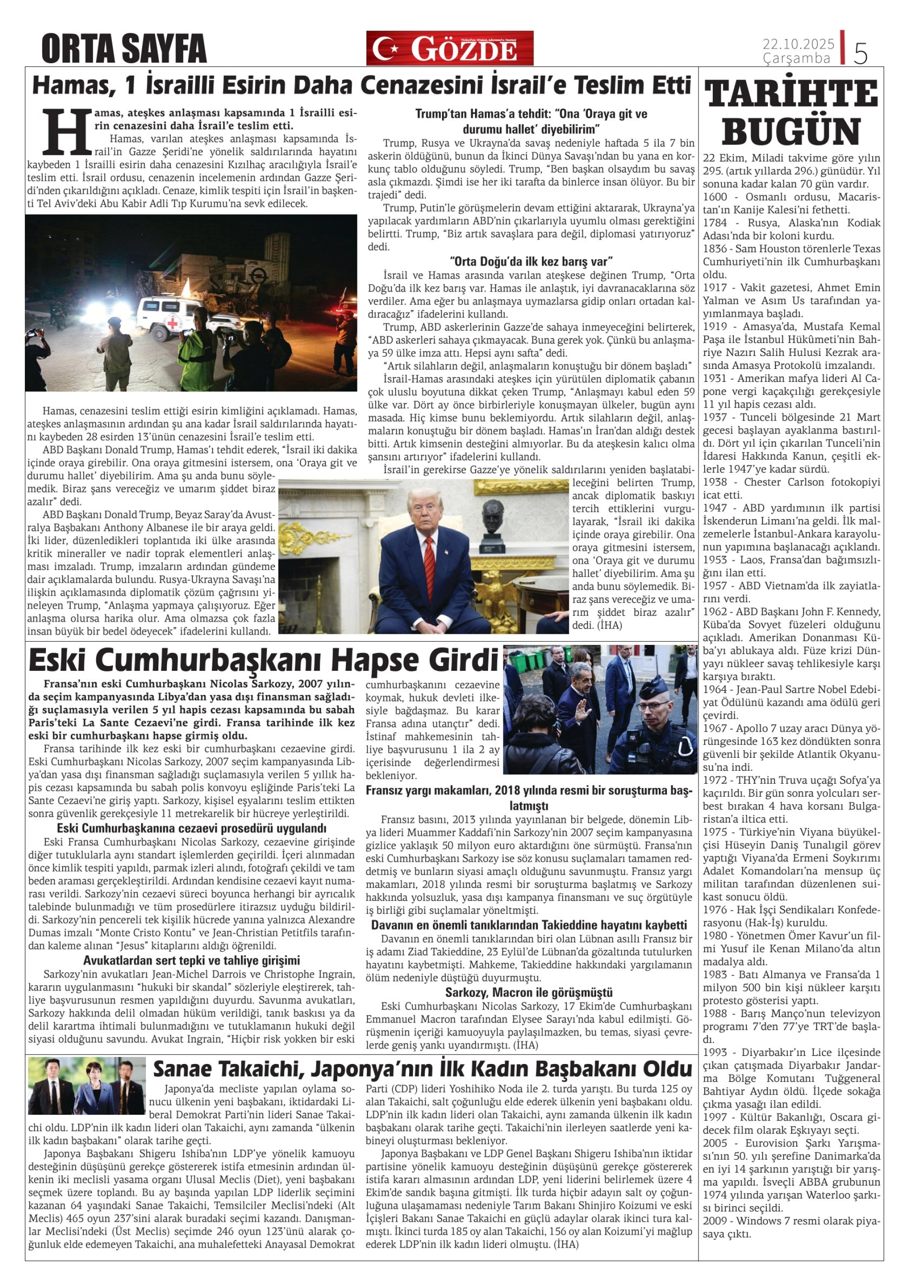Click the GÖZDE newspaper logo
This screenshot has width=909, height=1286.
point(450,49)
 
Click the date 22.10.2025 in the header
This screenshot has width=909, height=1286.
point(798,44)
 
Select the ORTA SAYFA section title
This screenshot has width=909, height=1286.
point(124,49)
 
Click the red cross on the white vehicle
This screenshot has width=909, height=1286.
point(175,324)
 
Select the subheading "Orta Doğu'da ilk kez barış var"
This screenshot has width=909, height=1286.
point(531,261)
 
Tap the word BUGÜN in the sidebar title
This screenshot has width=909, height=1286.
point(791,131)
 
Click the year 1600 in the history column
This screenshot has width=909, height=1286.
point(715,197)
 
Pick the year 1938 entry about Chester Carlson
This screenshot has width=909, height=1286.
point(715,482)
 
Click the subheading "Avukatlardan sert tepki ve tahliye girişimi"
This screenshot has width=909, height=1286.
point(191,961)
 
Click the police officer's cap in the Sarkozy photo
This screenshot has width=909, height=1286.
point(660,698)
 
